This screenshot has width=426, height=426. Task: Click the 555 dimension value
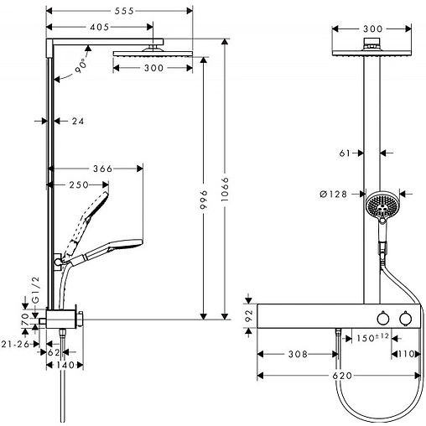pos(124,11)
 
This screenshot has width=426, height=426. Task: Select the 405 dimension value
pos(100,27)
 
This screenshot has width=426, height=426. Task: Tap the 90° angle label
pos(81,66)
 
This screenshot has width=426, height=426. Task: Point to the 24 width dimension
pos(78,121)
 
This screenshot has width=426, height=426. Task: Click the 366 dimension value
pos(102,169)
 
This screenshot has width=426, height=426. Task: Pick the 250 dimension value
pos(79,184)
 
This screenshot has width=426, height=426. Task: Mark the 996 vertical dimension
pos(204,200)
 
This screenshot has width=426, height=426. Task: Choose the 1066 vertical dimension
pos(225,189)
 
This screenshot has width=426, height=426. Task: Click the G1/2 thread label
pos(36,290)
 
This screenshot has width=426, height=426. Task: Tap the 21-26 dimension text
pos(15,344)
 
